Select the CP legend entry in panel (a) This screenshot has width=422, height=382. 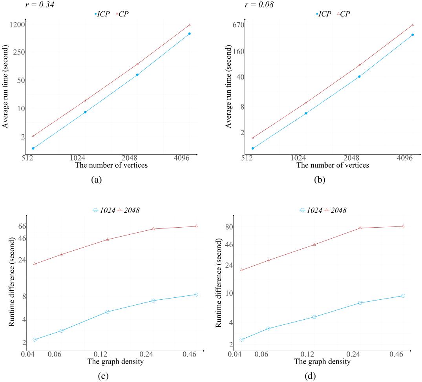(122, 14)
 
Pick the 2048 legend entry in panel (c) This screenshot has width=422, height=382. (128, 210)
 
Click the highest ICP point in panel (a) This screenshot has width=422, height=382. (189, 34)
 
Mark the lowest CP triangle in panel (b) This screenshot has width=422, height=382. (253, 138)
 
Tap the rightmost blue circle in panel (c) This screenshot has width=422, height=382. (196, 295)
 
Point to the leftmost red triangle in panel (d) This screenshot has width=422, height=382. (241, 270)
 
